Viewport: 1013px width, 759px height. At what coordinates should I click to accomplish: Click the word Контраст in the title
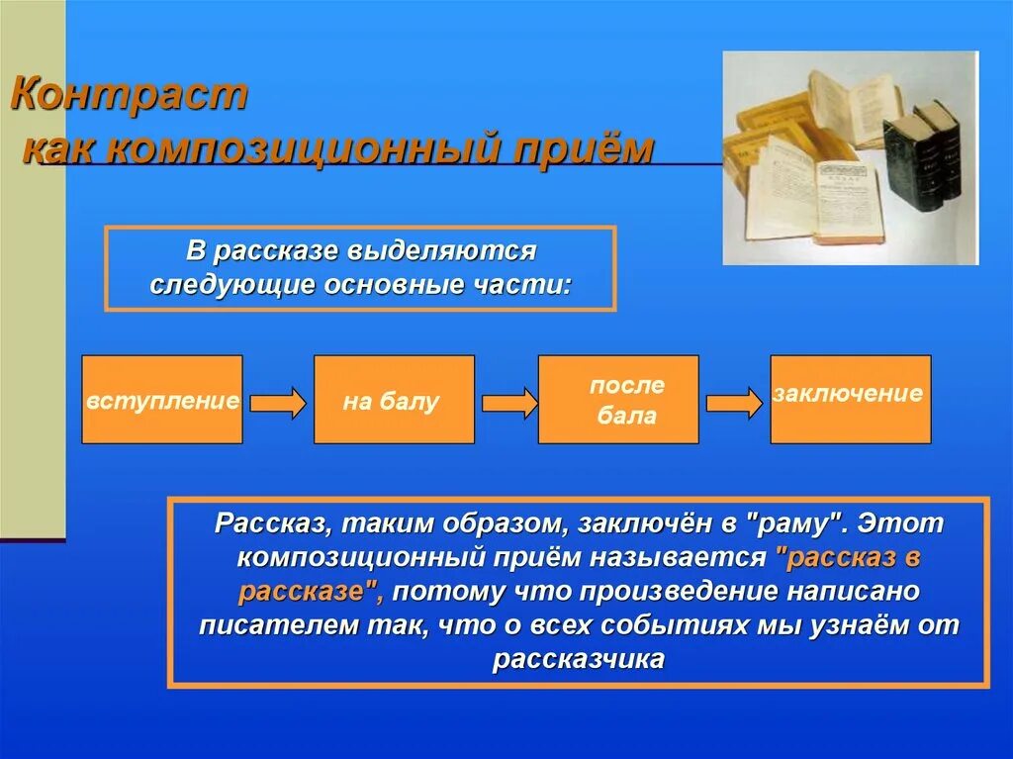(129, 97)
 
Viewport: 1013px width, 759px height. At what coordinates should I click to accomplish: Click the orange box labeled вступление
(162, 400)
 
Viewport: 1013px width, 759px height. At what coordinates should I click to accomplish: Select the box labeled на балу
(394, 400)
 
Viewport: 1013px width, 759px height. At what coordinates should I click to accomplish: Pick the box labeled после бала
(618, 400)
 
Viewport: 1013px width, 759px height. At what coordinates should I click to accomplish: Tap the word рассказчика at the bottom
(578, 660)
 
